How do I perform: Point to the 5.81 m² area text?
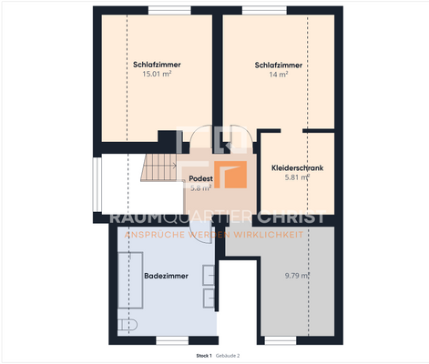[x=298, y=178]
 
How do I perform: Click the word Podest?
[x=200, y=179]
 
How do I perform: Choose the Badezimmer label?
[x=166, y=275]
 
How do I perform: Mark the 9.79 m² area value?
[x=297, y=275]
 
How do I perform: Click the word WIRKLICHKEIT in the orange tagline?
[x=279, y=234]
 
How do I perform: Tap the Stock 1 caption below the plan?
[x=203, y=355]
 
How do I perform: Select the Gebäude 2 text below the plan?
[x=228, y=355]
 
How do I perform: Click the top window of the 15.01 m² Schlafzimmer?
[x=164, y=10]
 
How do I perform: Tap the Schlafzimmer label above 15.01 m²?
[x=157, y=65]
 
